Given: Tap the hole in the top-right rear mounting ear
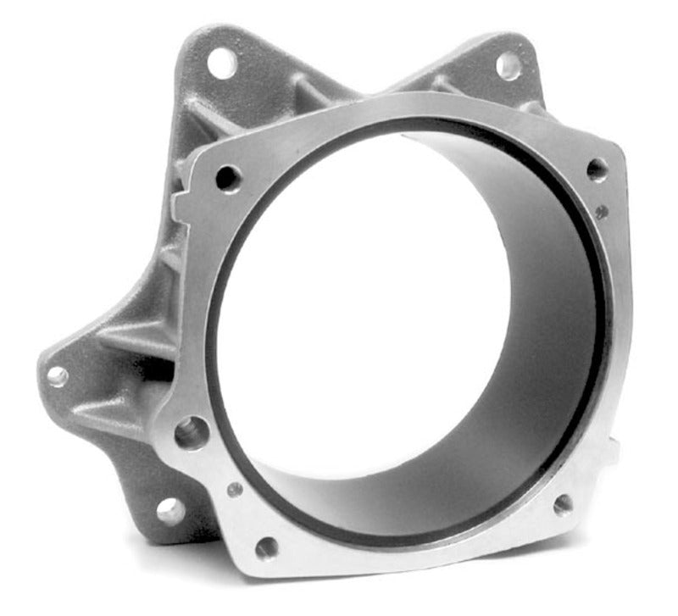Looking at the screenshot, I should pyautogui.click(x=508, y=65).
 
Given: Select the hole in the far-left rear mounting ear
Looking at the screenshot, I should pyautogui.click(x=58, y=376).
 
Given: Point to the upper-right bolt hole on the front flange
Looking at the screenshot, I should pyautogui.click(x=597, y=169).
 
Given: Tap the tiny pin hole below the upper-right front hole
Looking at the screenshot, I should pyautogui.click(x=601, y=212).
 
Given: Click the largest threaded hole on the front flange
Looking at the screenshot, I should pyautogui.click(x=192, y=433).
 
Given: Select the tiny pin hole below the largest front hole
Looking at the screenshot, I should pyautogui.click(x=235, y=489).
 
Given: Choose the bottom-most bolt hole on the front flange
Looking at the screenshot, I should pyautogui.click(x=266, y=547).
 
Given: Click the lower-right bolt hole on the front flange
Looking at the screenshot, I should pyautogui.click(x=563, y=504).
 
